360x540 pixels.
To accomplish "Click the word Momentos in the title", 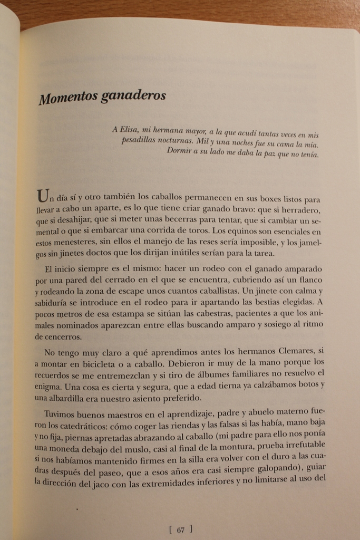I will click(67, 98).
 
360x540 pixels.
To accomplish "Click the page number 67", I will click(180, 531).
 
